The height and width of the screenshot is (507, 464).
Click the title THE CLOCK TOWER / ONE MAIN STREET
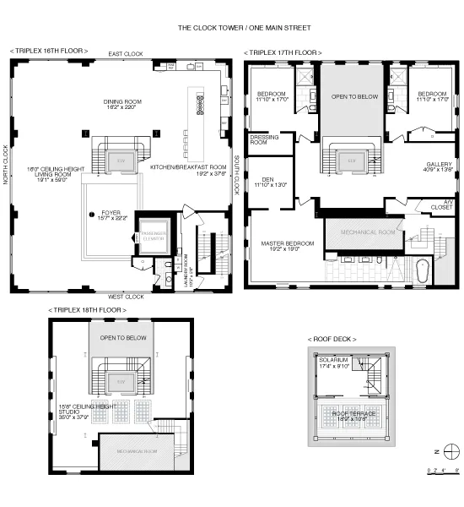point(232,27)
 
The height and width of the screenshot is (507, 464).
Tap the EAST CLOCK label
point(126,54)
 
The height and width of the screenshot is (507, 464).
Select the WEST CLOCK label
point(126,297)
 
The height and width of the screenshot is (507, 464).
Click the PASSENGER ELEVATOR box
point(154,237)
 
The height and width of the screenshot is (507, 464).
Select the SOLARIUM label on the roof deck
point(334,363)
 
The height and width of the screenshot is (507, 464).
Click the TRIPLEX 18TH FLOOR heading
point(88,311)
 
